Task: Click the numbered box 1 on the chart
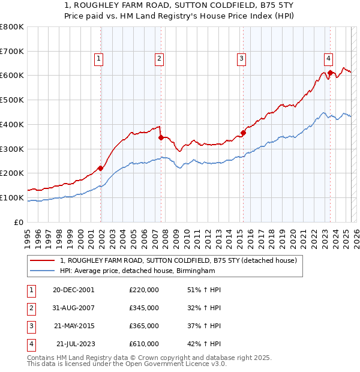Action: coord(98,58)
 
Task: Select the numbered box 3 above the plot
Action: coord(241,58)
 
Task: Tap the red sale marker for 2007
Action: coord(161,137)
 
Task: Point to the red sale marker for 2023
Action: coord(331,73)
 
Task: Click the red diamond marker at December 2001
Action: coord(100,168)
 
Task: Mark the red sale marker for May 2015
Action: coord(243,133)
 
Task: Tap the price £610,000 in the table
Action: coord(143,344)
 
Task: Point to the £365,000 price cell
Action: coord(143,326)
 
